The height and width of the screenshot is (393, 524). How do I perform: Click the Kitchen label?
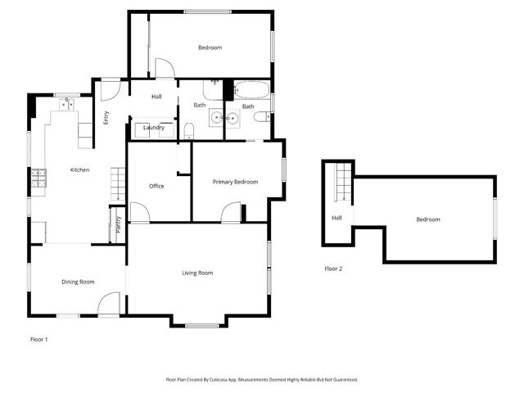(x=79, y=170)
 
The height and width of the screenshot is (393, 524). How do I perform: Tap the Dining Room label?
(x=78, y=282)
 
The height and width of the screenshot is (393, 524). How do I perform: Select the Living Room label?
(x=197, y=273)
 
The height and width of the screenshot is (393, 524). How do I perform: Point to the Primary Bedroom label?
(x=235, y=182)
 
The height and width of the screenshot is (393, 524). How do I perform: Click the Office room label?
(x=156, y=186)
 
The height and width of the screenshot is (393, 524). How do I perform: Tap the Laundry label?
(x=154, y=128)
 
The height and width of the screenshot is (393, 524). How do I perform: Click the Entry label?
(x=106, y=117)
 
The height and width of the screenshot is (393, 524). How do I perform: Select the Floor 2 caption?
(x=333, y=269)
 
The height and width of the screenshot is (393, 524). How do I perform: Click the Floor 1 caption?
(x=38, y=339)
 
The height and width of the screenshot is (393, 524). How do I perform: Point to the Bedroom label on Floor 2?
(x=427, y=219)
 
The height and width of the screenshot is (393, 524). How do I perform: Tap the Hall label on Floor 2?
(x=337, y=218)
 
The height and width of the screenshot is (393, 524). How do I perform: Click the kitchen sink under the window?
(x=65, y=104)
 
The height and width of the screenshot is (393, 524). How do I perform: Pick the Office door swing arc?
(x=139, y=212)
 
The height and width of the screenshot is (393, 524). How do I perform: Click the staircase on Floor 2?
(x=342, y=183)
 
